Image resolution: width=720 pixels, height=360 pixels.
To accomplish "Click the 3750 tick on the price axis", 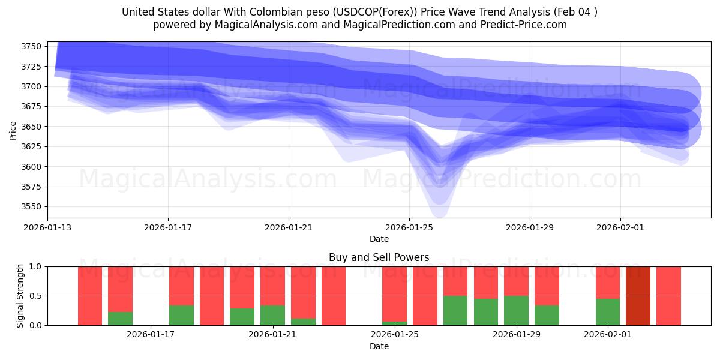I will [32, 46].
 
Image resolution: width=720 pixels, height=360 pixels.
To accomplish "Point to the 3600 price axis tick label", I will [32, 167].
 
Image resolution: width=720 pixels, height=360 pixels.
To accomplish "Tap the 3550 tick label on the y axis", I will [32, 207].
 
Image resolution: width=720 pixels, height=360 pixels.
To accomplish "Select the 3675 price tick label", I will [32, 107].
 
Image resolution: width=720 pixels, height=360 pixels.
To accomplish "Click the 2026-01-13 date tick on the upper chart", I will [47, 227].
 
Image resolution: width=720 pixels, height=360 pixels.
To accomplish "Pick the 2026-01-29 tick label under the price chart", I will [530, 227].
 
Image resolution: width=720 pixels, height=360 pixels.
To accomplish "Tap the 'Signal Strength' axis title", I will [21, 296].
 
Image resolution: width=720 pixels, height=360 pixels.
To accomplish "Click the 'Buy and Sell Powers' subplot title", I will [379, 257].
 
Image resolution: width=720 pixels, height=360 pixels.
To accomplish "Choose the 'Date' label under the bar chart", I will [379, 346].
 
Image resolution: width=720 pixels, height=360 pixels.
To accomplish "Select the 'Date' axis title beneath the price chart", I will [379, 239].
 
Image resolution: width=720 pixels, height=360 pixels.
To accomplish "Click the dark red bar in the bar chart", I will [638, 296].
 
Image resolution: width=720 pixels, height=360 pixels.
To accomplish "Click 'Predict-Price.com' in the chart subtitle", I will [528, 25].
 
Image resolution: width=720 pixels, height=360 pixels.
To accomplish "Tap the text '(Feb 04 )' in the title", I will [575, 12].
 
